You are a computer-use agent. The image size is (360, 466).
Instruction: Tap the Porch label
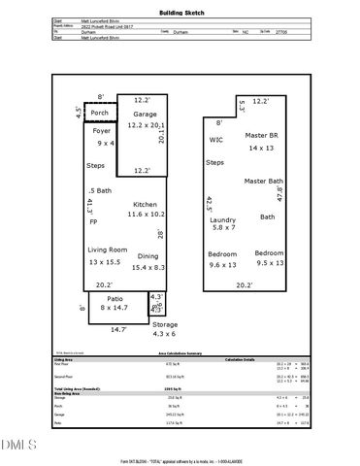[x=100, y=113]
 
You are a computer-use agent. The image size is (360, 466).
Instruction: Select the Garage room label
[x=144, y=114]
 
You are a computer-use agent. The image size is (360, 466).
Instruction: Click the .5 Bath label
[x=99, y=190]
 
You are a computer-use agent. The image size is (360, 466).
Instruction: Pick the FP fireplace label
[x=93, y=222]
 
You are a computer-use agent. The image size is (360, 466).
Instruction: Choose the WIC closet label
[x=215, y=139]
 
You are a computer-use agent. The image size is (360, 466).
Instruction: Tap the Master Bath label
[x=263, y=182]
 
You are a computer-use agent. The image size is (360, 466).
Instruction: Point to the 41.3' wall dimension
[x=89, y=205]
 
